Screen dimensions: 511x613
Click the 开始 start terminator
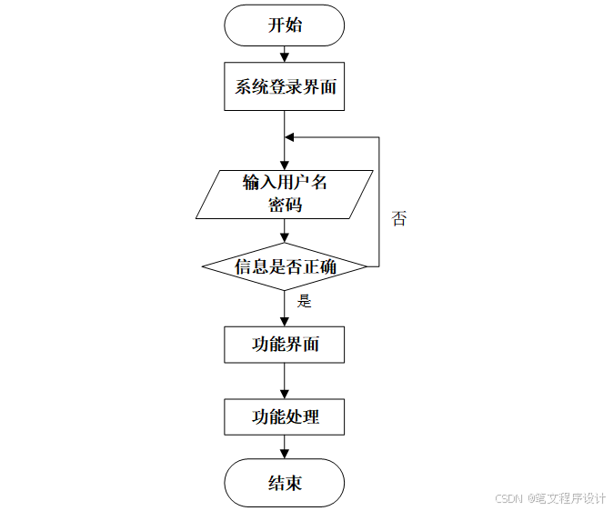pos(285,25)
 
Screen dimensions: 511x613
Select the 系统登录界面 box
pos(285,87)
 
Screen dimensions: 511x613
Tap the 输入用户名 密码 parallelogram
pos(285,194)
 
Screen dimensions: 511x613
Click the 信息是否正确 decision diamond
pos(285,266)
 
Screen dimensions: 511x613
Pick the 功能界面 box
pos(285,345)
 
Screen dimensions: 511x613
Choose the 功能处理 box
pos(285,417)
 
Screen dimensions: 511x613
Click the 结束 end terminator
pos(285,483)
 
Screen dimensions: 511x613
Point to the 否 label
pos(398,218)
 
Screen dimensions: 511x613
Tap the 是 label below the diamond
pos(305,301)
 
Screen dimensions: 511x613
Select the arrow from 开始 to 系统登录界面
pos(285,54)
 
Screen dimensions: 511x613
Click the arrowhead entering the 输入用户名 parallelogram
pos(285,165)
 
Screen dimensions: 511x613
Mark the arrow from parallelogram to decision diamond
pos(285,231)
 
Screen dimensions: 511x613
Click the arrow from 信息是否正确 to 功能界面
pos(285,309)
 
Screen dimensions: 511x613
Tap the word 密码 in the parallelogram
pos(285,205)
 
